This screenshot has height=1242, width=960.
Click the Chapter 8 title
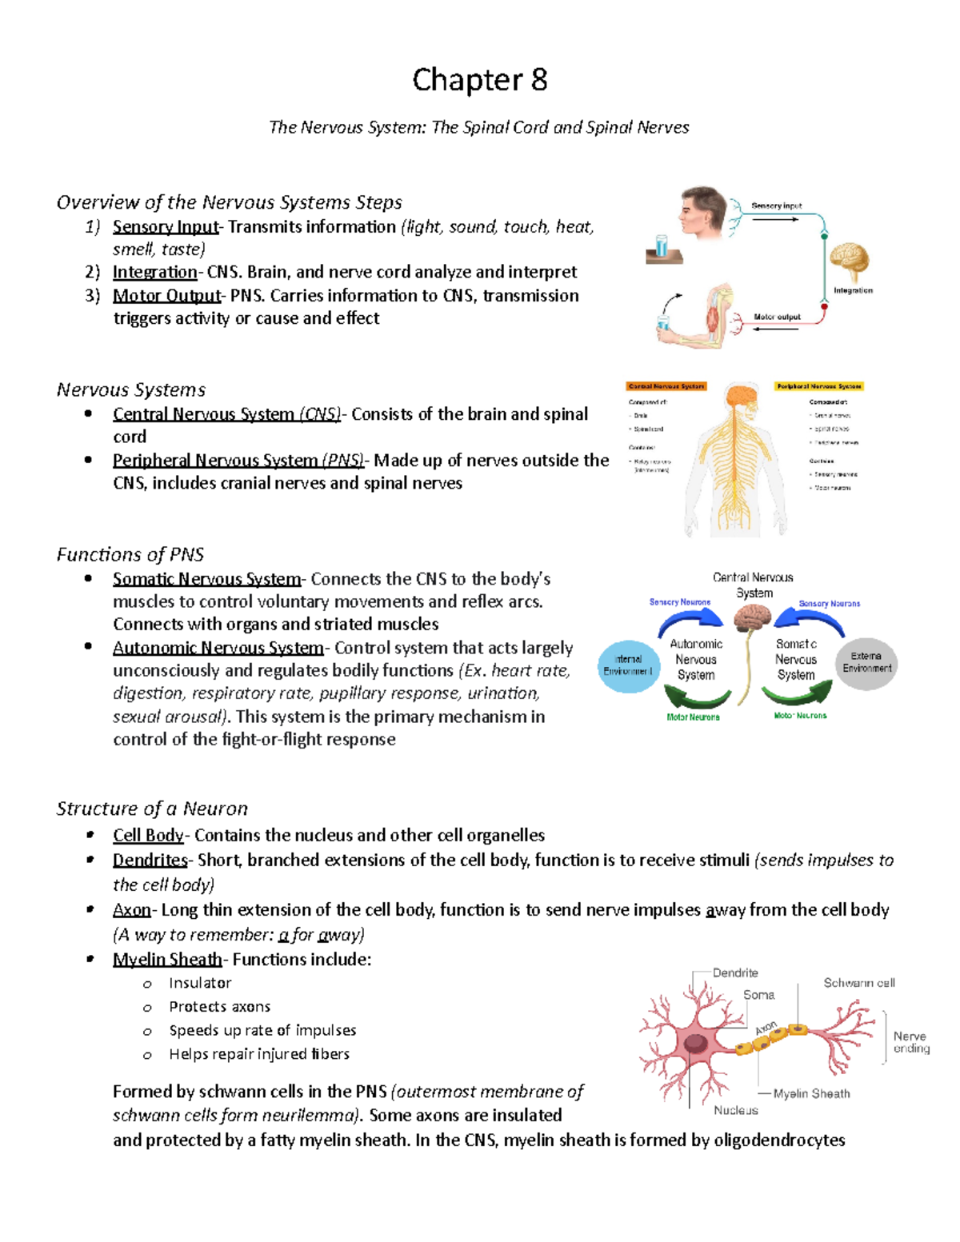click(x=479, y=81)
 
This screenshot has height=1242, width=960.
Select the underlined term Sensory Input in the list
click(x=165, y=227)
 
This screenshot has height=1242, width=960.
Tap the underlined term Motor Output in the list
click(x=166, y=296)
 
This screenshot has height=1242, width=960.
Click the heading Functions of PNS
click(x=130, y=554)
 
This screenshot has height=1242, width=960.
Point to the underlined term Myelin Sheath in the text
click(x=167, y=960)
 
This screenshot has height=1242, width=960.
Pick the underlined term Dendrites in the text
click(x=150, y=861)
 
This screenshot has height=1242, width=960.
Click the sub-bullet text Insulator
click(x=200, y=983)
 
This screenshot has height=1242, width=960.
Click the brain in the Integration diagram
click(x=849, y=261)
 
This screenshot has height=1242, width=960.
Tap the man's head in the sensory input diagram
click(x=703, y=211)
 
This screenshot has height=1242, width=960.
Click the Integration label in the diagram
click(x=853, y=290)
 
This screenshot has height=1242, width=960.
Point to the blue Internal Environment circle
click(x=628, y=665)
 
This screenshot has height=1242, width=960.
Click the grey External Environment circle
click(x=866, y=662)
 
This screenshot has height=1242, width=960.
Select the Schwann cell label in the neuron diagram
click(x=859, y=983)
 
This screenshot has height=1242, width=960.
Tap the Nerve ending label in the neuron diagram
click(x=910, y=1042)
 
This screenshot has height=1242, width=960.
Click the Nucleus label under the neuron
click(x=735, y=1110)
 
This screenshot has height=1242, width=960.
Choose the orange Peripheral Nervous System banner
click(x=818, y=386)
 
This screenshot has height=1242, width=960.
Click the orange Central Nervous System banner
click(x=666, y=386)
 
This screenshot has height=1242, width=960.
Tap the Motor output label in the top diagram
click(x=777, y=317)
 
